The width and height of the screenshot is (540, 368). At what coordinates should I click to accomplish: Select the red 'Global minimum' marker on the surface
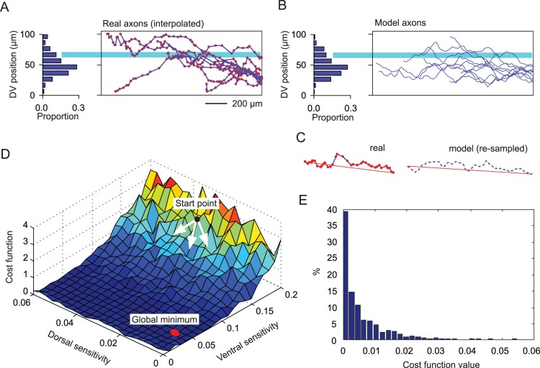click(x=175, y=332)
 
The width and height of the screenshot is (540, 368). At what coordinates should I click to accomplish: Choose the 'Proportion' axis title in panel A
click(x=59, y=116)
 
